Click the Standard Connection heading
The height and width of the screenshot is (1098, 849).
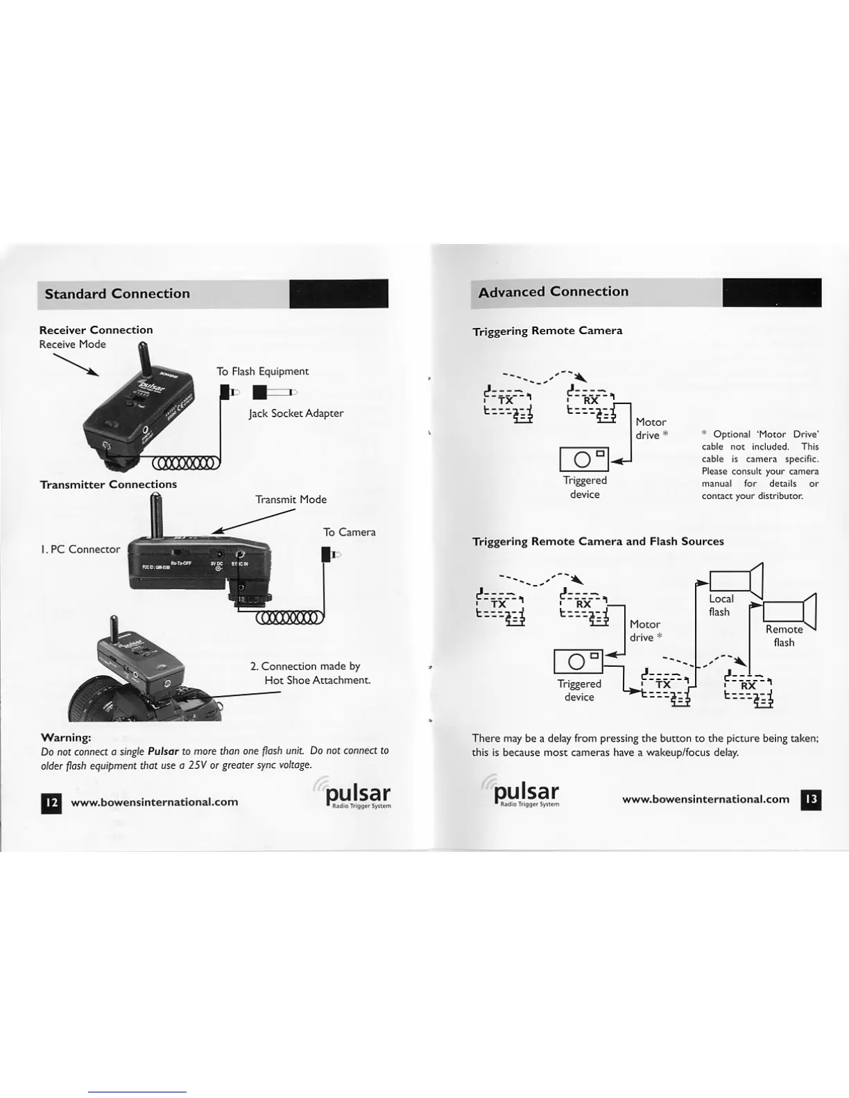coord(117,294)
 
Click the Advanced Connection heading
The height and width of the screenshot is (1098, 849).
coord(553,292)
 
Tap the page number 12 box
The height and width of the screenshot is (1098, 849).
coord(51,803)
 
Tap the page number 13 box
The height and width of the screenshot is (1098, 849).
coord(811,799)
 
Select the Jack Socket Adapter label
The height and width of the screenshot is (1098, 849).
coord(296,413)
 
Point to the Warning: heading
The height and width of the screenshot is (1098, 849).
coord(67,737)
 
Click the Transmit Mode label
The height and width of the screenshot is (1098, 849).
coord(291,499)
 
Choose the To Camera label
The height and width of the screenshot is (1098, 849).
coord(349,532)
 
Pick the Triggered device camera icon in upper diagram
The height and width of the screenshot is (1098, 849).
coord(584,459)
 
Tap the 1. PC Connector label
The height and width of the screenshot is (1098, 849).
coord(80,549)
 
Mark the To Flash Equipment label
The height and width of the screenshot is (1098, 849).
coord(262,372)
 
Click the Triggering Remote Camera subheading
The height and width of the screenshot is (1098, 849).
coord(547,331)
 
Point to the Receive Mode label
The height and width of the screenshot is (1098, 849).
coord(72,345)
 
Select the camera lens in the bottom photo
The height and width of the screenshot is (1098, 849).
coord(94,700)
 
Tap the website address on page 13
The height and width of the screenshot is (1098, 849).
coord(705,799)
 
